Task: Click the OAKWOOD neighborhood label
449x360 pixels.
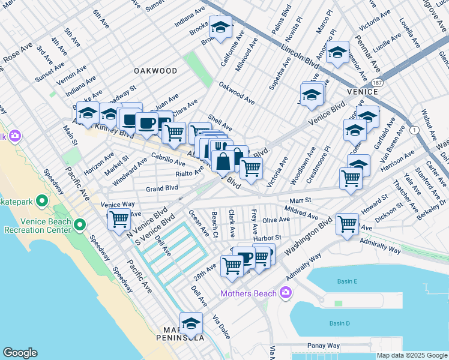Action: pos(155,71)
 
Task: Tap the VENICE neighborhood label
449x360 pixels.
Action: pos(362,91)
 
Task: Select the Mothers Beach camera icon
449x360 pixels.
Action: pos(285,293)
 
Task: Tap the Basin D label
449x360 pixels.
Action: pos(339,323)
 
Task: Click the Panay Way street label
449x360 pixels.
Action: pos(324,346)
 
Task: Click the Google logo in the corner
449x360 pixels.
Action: pos(20,353)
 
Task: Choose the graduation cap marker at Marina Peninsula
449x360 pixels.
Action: pos(191,323)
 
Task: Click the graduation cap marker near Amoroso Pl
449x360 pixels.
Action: pos(338,52)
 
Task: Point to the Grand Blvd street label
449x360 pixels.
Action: pos(161,188)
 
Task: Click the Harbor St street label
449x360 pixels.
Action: pos(267,238)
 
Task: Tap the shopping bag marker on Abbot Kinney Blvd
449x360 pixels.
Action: pos(223,161)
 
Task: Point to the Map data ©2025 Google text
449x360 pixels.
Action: pos(412,355)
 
